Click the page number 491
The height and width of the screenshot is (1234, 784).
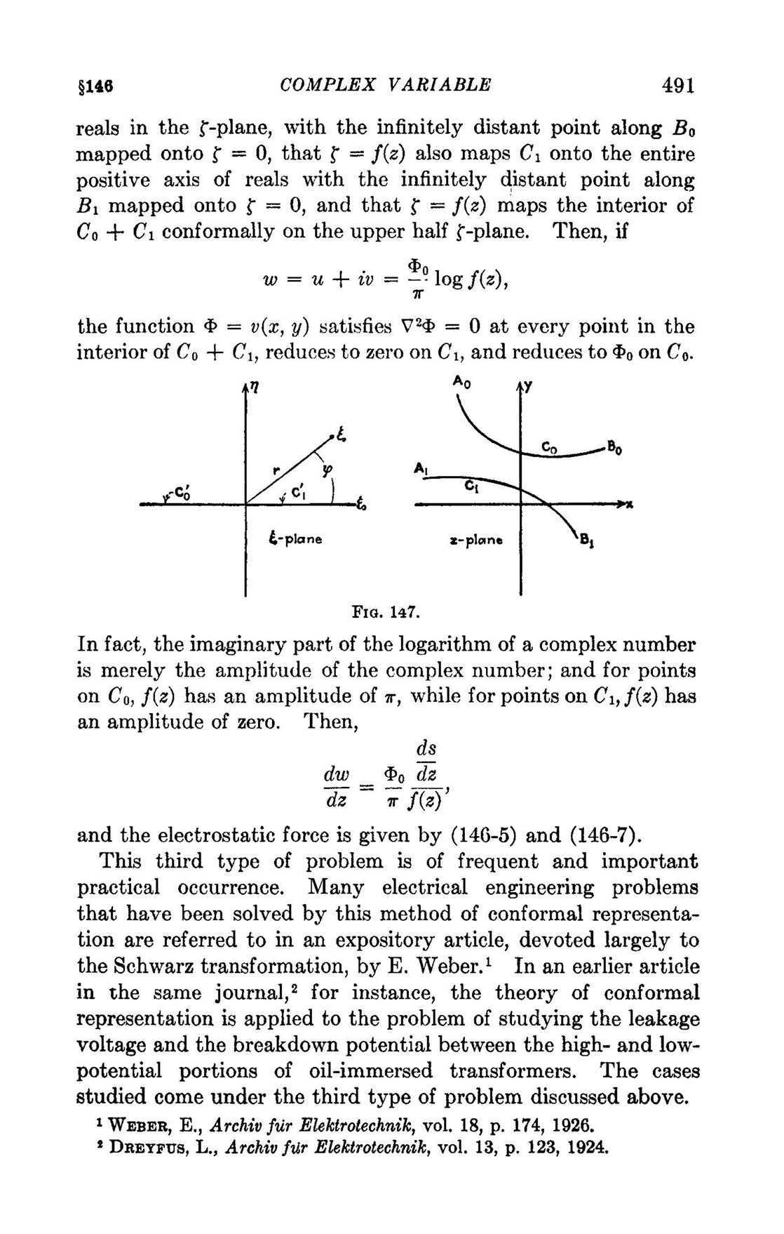click(x=677, y=86)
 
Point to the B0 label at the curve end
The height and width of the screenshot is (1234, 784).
click(x=614, y=445)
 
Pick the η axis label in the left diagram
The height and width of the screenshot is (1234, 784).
click(x=253, y=388)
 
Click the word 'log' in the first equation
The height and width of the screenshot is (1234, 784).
click(x=449, y=279)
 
